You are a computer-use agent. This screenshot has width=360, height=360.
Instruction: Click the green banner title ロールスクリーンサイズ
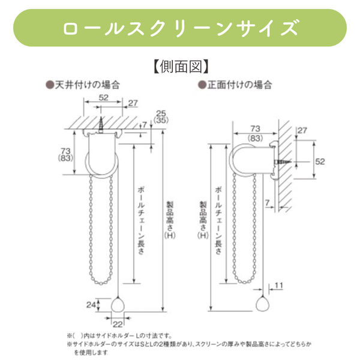(180, 28)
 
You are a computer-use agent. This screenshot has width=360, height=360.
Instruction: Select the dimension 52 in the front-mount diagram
(320, 161)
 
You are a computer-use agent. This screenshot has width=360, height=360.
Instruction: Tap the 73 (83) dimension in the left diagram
(67, 154)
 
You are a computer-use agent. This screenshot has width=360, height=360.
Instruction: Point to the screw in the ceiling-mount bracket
(102, 125)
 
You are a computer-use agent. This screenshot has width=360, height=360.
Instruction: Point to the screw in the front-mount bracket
(283, 162)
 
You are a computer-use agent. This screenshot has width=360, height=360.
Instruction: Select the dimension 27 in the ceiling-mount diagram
(133, 103)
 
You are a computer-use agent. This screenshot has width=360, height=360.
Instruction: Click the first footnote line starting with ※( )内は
(123, 336)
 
